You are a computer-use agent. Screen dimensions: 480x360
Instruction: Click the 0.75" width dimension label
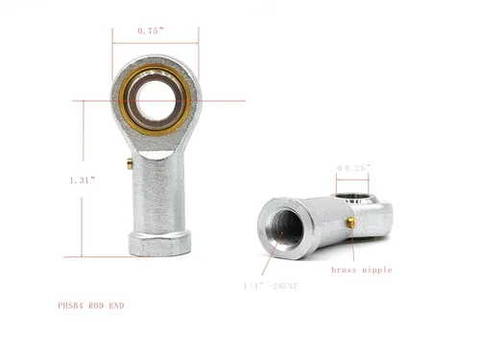(151, 31)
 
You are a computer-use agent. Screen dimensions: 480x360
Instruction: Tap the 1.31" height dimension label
(83, 180)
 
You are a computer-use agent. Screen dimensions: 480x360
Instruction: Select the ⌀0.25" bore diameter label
(353, 168)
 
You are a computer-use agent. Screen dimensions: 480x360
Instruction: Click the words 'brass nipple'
(362, 270)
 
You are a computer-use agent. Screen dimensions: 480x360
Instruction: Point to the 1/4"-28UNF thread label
(271, 286)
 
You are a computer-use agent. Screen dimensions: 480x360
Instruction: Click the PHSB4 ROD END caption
(91, 305)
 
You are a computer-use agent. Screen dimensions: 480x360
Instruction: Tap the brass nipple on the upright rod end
(130, 163)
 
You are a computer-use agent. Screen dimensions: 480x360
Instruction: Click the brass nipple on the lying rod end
(351, 222)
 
